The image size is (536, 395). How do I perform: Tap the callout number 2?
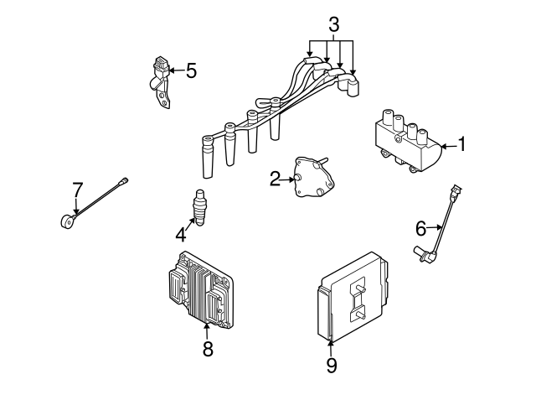[x=274, y=178]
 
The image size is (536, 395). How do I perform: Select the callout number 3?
[x=333, y=26]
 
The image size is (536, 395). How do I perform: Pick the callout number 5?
[x=192, y=70]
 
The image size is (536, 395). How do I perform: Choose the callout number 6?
[x=421, y=226]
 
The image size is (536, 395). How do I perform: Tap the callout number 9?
[x=332, y=365]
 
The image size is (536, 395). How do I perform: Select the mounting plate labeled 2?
[x=313, y=178]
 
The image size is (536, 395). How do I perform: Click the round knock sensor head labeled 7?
[x=66, y=221]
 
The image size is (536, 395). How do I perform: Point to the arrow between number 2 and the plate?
[x=286, y=178]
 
